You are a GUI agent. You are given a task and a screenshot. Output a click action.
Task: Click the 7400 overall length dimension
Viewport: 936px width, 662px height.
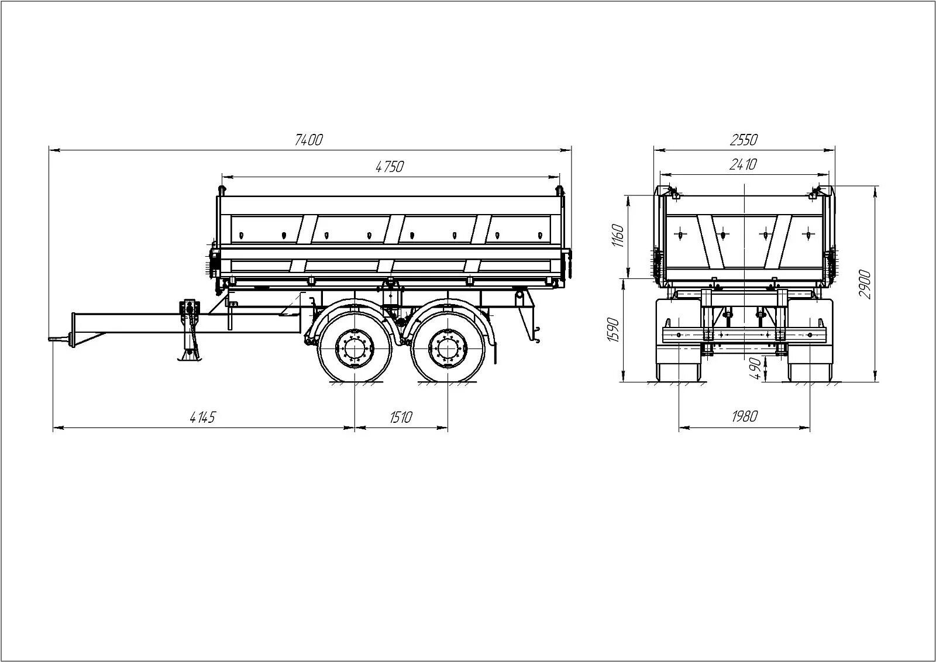309,140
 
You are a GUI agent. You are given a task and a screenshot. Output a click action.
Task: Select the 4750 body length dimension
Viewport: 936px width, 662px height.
390,167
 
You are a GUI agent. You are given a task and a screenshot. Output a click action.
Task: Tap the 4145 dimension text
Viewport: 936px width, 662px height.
204,418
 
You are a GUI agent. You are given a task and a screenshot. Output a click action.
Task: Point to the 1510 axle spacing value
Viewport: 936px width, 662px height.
401,418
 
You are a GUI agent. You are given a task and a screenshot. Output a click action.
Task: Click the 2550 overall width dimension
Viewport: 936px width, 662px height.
744,140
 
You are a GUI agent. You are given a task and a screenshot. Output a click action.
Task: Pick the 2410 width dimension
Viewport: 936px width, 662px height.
744,165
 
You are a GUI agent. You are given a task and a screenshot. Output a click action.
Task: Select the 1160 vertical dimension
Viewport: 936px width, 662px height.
619,235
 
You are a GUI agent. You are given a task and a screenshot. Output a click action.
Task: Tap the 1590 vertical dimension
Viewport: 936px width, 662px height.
613,330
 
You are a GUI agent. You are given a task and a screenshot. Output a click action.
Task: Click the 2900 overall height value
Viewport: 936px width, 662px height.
866,284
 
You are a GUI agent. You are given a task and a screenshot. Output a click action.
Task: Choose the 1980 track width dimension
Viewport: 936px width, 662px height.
745,417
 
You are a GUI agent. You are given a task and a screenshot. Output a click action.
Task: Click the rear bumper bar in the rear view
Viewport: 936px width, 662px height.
744,335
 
